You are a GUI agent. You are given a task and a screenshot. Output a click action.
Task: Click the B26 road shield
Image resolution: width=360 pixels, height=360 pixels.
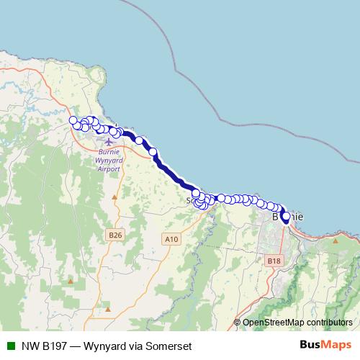(x=114, y=235)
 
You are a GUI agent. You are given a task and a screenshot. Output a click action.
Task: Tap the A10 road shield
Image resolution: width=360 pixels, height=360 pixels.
(x=171, y=239)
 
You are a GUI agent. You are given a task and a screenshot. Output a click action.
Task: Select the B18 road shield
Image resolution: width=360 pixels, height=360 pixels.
(x=273, y=260)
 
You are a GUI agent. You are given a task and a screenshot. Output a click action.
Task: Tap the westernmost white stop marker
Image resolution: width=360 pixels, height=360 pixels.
(x=72, y=120)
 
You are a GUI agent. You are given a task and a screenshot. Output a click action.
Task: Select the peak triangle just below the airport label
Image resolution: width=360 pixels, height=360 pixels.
(x=114, y=196)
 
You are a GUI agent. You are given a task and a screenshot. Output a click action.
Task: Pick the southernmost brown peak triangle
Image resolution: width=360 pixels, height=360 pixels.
(x=107, y=309)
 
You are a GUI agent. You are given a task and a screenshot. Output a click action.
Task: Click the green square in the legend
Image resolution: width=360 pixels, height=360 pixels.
(x=10, y=346)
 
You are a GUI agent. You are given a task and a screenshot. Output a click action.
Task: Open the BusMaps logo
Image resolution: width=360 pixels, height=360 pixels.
(x=325, y=345)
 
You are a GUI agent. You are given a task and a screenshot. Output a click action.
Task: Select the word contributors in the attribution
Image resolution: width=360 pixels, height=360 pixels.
(x=328, y=323)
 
